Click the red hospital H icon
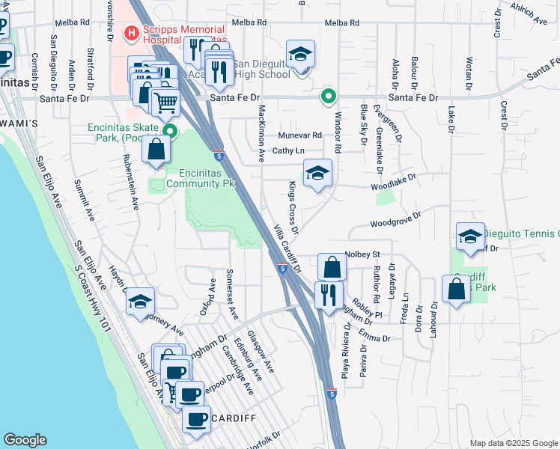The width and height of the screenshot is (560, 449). (x=130, y=33)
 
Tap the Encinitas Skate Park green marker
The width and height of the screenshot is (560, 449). (x=170, y=133)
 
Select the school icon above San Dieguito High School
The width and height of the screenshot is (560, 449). (x=301, y=55)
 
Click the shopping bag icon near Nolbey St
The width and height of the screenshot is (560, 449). (x=332, y=268)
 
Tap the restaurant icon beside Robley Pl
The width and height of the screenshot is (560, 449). (x=329, y=295)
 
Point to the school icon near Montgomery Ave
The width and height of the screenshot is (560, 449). (x=140, y=302)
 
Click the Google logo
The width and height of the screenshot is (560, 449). (x=25, y=440)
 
